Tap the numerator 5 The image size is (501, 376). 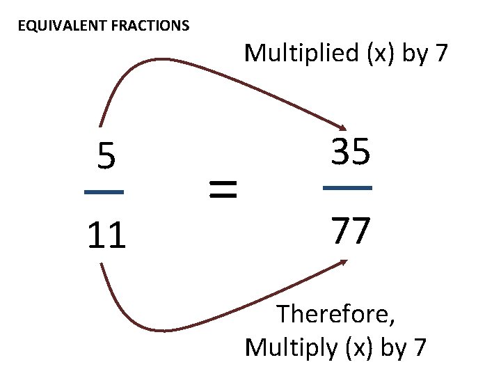[106, 157]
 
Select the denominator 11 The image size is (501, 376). [106, 236]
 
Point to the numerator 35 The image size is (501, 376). [350, 152]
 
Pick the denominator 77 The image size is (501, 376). [350, 232]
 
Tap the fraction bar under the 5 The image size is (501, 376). [104, 192]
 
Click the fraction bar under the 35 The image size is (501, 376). [348, 188]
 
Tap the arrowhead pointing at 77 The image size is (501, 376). [344, 262]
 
